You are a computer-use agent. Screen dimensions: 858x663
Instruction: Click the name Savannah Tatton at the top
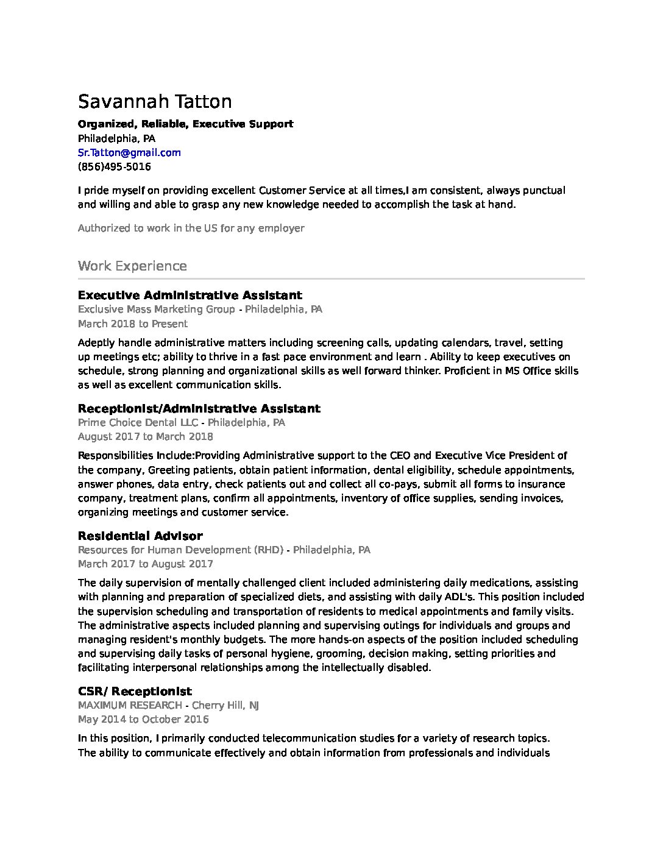pyautogui.click(x=155, y=101)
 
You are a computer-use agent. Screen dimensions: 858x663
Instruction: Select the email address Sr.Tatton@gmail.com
pyautogui.click(x=129, y=152)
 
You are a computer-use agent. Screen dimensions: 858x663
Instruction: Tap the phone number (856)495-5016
pyautogui.click(x=115, y=166)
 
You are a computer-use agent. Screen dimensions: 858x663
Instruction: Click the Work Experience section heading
pyautogui.click(x=132, y=266)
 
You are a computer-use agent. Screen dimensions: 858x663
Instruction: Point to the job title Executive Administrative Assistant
pyautogui.click(x=190, y=296)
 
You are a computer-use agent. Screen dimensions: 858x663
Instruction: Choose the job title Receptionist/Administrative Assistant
pyautogui.click(x=199, y=408)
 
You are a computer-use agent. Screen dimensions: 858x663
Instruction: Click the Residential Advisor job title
pyautogui.click(x=140, y=536)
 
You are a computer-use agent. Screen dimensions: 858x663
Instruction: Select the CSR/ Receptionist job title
pyautogui.click(x=135, y=691)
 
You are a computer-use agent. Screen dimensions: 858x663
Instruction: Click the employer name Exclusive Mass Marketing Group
pyautogui.click(x=156, y=310)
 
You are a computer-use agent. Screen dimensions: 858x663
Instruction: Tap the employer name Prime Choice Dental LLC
pyautogui.click(x=138, y=422)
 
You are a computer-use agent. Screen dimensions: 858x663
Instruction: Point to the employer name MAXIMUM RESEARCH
pyautogui.click(x=130, y=705)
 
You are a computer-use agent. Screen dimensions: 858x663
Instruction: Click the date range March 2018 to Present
pyautogui.click(x=133, y=324)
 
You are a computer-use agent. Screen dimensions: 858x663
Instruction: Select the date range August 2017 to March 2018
pyautogui.click(x=146, y=436)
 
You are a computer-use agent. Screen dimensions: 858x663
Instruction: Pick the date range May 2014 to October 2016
pyautogui.click(x=143, y=719)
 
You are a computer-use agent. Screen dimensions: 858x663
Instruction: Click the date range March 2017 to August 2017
pyautogui.click(x=146, y=564)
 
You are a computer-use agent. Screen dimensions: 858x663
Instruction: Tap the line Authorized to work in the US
pyautogui.click(x=191, y=228)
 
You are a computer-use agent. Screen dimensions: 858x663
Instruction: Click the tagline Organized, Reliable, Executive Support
pyautogui.click(x=185, y=124)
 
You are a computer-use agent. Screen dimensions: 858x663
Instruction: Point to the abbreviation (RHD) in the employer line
pyautogui.click(x=269, y=550)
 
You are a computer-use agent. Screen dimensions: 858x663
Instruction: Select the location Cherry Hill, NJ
pyautogui.click(x=225, y=705)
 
